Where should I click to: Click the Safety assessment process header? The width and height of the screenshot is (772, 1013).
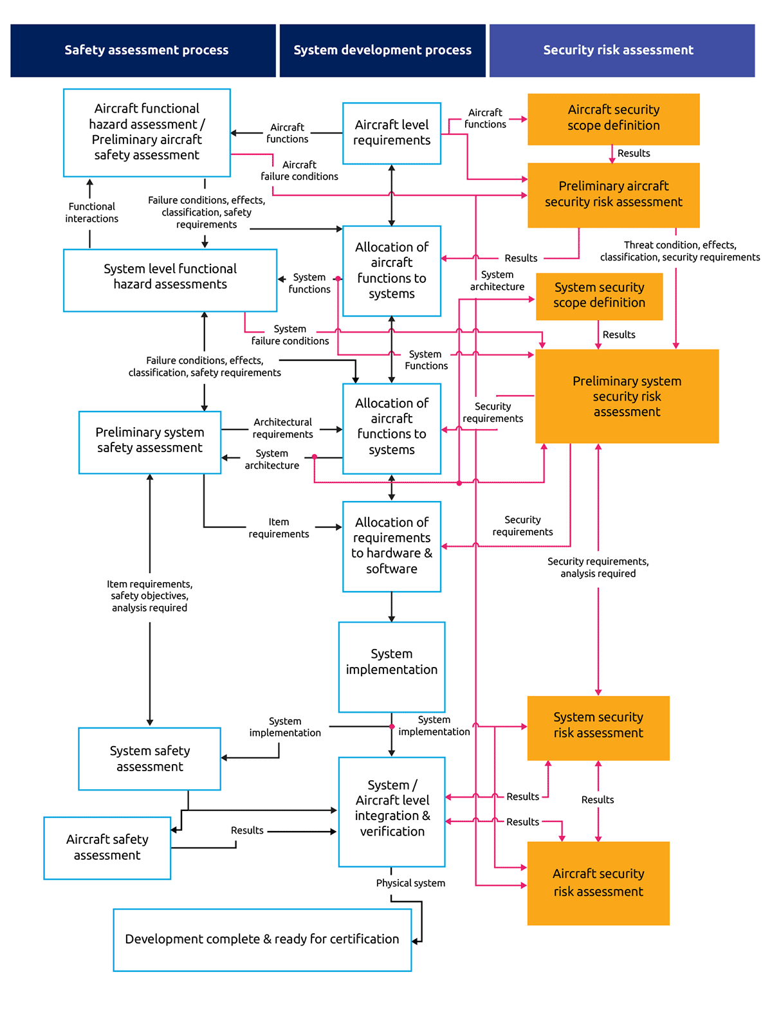[143, 50]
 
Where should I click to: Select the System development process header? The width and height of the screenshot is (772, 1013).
[382, 50]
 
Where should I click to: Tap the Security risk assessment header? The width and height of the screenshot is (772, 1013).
[621, 50]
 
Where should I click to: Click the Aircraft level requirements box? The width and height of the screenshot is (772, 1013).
[391, 133]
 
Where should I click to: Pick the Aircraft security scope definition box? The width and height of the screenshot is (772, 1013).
[613, 119]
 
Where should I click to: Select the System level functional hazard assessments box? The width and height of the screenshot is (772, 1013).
[170, 280]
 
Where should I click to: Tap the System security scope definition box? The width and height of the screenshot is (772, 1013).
[599, 297]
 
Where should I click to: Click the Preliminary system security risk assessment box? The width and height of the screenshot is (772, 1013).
[627, 396]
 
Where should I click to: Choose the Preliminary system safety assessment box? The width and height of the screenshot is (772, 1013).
[149, 442]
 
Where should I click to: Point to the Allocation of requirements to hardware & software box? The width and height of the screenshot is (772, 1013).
[391, 547]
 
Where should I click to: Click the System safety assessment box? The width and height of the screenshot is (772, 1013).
[149, 758]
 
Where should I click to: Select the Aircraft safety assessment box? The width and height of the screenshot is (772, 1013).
[107, 847]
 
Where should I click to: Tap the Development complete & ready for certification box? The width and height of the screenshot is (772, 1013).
[262, 940]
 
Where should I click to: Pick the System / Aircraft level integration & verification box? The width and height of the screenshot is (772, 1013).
[391, 811]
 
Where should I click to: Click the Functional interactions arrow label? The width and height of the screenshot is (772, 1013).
[91, 212]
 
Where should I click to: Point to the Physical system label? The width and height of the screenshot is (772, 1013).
[410, 882]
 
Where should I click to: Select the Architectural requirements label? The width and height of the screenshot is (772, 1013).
[282, 428]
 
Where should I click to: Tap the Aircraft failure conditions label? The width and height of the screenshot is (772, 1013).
[299, 170]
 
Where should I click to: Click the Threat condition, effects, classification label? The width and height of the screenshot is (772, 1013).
[680, 251]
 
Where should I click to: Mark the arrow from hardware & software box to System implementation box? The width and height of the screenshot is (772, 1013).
[391, 607]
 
